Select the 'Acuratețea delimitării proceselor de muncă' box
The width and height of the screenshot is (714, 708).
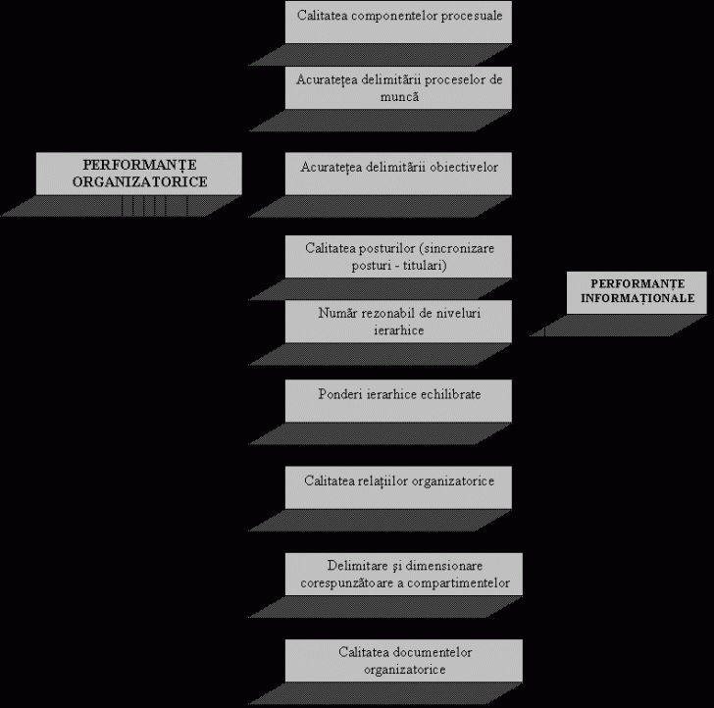pos(398,88)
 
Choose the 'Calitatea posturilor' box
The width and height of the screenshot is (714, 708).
pos(398,257)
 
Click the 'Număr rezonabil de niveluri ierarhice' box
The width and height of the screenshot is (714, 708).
pos(398,322)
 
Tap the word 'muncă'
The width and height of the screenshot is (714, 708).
pos(399,97)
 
